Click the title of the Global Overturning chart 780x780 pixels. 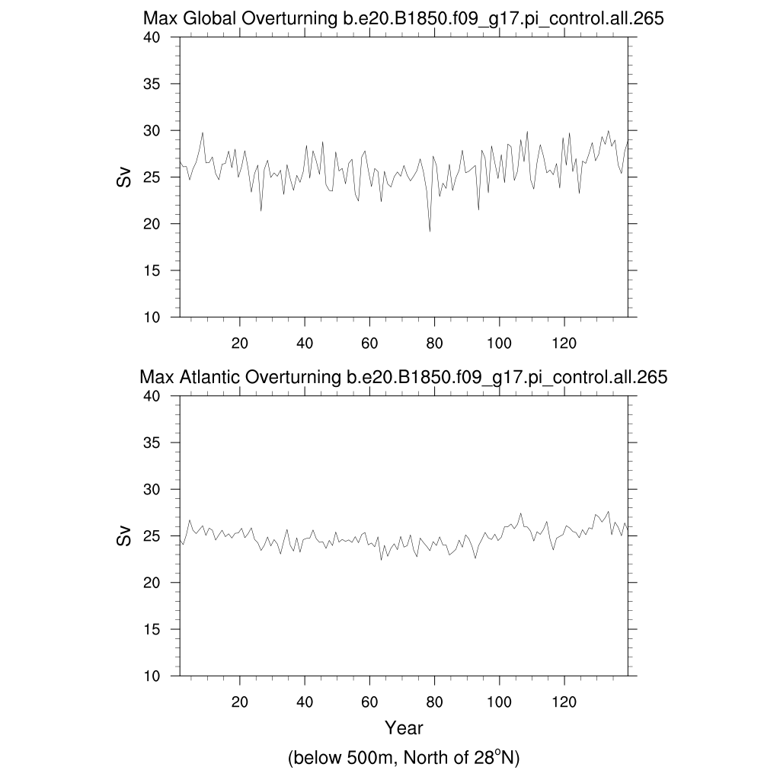404,20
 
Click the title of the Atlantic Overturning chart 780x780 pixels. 404,377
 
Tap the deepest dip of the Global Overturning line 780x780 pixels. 430,231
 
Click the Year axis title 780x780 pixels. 404,728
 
